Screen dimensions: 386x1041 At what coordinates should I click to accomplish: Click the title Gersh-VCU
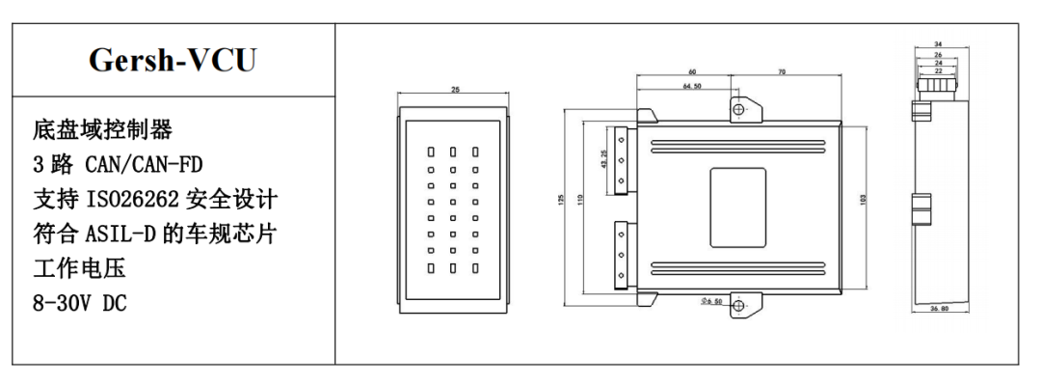173,61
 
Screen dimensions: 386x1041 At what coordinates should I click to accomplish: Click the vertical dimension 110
581,199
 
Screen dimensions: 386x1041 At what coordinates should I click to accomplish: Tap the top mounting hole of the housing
739,109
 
